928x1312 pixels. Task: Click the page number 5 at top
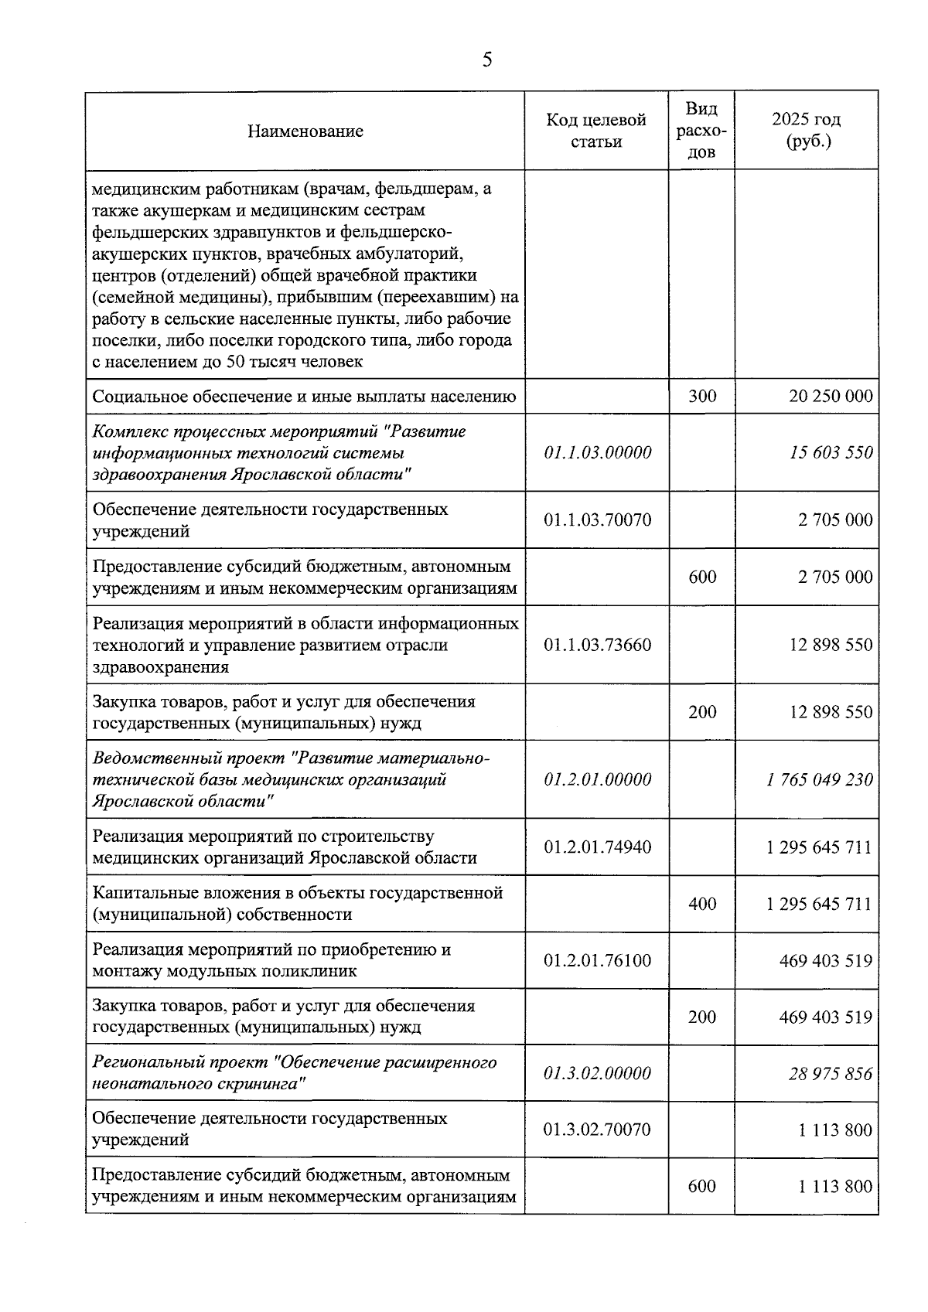(x=486, y=60)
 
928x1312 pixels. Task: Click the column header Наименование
(x=305, y=131)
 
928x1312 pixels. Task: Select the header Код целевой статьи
(x=595, y=131)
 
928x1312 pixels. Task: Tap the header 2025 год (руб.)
(x=806, y=131)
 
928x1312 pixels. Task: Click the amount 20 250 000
(x=831, y=397)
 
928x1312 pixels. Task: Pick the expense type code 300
(x=701, y=397)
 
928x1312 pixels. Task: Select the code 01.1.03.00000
(x=597, y=452)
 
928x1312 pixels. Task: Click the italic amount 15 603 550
(x=831, y=452)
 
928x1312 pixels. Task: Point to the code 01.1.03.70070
(x=597, y=520)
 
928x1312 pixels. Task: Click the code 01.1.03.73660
(x=597, y=645)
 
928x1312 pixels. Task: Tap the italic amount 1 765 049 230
(x=820, y=779)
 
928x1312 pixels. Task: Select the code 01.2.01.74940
(x=597, y=847)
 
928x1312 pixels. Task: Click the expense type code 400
(x=701, y=904)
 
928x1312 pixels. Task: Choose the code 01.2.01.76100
(x=597, y=960)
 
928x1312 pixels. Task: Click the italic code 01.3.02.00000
(x=597, y=1073)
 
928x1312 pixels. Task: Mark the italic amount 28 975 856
(x=831, y=1073)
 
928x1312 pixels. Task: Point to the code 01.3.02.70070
(x=597, y=1130)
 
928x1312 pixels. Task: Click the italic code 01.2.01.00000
(x=597, y=779)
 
